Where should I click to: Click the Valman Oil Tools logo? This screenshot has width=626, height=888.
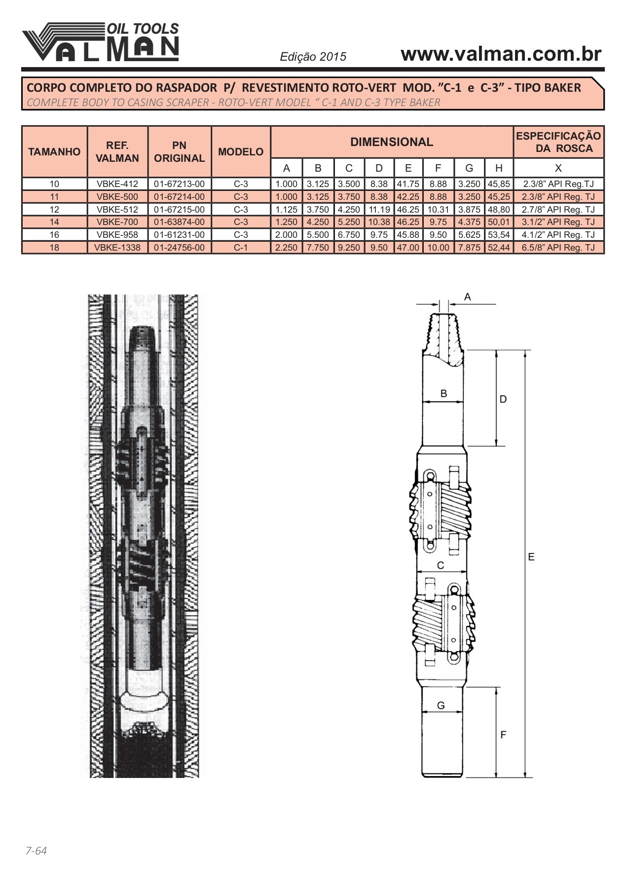click(100, 42)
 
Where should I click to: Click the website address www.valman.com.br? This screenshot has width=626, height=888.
click(501, 54)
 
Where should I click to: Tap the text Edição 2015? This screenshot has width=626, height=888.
click(313, 57)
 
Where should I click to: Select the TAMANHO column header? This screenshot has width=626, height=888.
click(54, 151)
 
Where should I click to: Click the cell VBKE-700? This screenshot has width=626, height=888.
click(117, 222)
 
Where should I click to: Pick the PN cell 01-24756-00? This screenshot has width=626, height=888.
click(179, 248)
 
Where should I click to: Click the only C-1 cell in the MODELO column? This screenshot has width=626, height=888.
click(241, 248)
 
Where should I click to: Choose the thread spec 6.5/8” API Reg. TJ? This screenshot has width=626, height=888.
click(558, 248)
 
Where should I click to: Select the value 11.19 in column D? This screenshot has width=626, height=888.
click(379, 210)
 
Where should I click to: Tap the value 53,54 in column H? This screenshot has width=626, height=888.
click(499, 235)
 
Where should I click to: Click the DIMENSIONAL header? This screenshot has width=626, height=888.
click(392, 142)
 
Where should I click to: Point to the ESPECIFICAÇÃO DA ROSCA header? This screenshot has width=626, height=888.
click(558, 142)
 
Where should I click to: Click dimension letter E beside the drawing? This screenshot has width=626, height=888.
click(531, 557)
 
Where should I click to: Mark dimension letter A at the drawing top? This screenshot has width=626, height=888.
click(468, 297)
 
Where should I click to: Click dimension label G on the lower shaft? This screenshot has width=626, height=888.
click(441, 705)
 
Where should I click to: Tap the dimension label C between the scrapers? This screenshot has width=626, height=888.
click(441, 565)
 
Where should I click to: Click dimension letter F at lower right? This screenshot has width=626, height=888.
click(503, 735)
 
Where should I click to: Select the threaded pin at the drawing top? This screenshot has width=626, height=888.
click(442, 335)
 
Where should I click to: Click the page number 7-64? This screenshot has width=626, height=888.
click(36, 851)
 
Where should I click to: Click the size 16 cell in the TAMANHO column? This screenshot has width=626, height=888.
click(54, 235)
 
